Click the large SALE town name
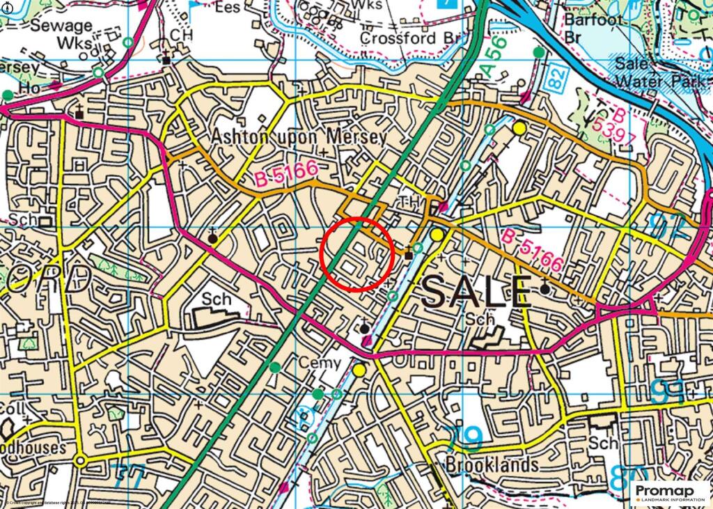[x=476, y=292]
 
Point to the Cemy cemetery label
[x=319, y=363]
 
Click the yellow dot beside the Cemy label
[x=359, y=370]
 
